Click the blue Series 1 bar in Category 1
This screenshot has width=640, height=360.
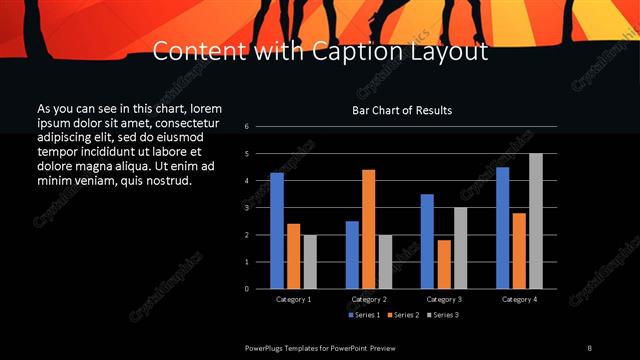point(277,231)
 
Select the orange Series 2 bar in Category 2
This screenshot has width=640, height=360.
point(369,229)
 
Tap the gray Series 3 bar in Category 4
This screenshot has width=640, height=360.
point(536,221)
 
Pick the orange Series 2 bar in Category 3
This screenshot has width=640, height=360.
point(444,264)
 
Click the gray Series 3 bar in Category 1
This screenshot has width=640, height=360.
point(310,262)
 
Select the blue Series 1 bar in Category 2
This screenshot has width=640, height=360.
point(352,255)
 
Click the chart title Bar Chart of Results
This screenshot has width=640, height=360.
point(403,110)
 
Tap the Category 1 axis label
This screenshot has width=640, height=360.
point(293,299)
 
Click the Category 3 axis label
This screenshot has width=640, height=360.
point(444,299)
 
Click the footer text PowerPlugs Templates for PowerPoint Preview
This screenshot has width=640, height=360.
point(320,347)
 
